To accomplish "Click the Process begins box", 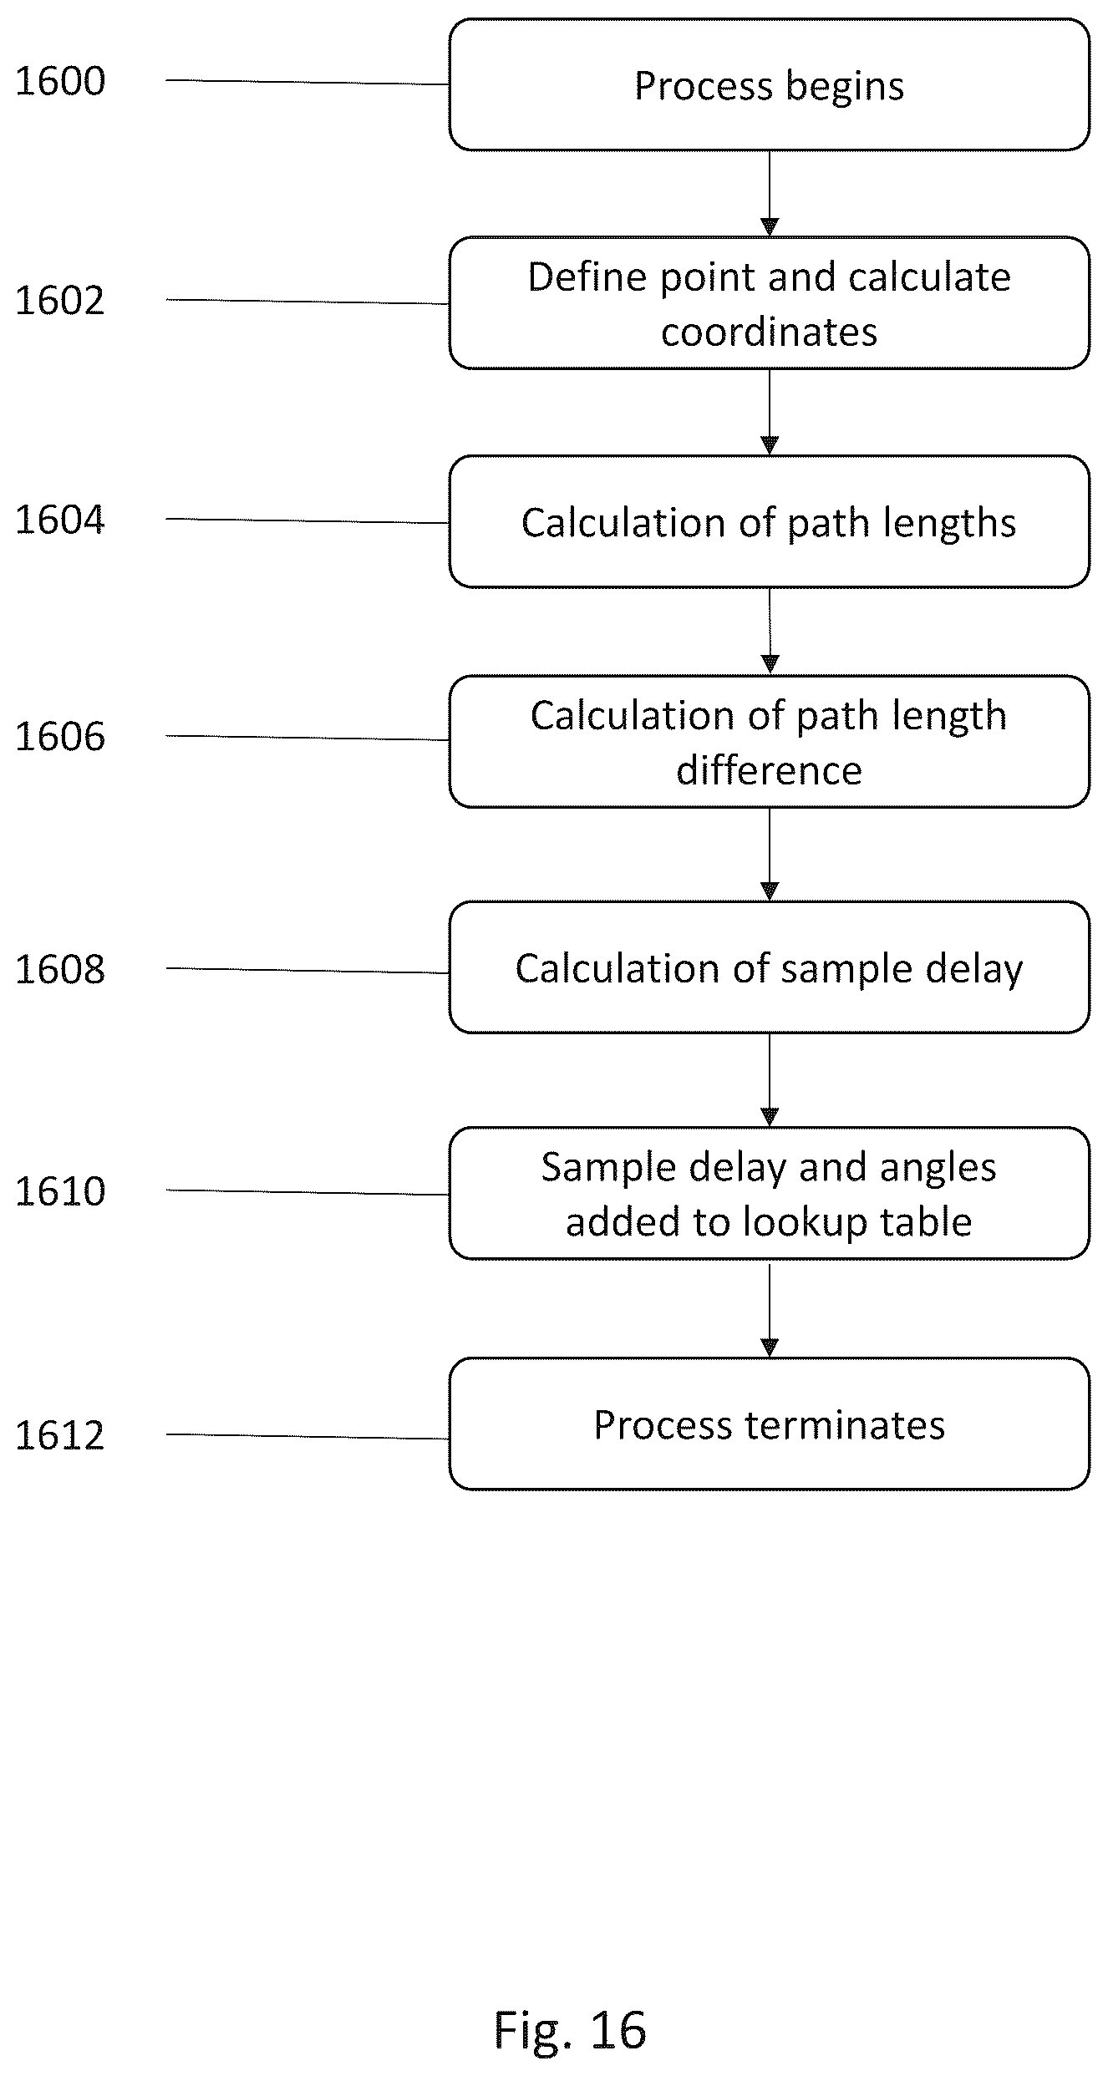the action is coord(769,85).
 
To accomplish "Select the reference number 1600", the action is coord(60,82).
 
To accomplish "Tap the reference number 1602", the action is coord(60,301).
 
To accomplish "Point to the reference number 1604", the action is coord(60,520).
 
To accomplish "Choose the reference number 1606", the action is coord(60,737).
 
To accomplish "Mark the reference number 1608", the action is coord(60,970).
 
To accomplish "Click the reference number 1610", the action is coord(60,1191).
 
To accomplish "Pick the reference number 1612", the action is coord(60,1435).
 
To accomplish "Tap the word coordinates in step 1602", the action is coord(769,332).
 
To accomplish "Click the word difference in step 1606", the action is coord(769,770).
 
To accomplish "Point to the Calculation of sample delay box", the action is coord(769,967).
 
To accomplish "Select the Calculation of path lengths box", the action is coord(769,522).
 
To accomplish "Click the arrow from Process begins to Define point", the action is coord(770,194).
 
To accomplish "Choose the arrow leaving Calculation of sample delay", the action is coord(770,1080).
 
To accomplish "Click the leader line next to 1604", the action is coord(307,521).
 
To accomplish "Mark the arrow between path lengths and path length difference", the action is coord(770,632).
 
